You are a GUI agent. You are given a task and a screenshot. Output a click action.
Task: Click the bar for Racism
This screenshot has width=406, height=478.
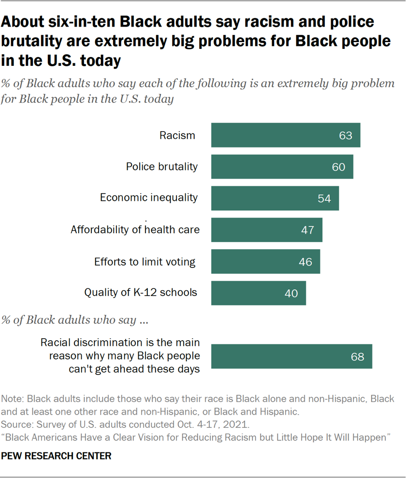pyautogui.click(x=285, y=135)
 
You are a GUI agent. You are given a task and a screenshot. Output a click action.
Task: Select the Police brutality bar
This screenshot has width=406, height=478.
pyautogui.click(x=282, y=166)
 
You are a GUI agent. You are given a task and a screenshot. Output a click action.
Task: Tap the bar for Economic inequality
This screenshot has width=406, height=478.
pyautogui.click(x=275, y=198)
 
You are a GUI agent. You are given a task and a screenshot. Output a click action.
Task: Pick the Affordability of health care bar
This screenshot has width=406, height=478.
pyautogui.click(x=266, y=229)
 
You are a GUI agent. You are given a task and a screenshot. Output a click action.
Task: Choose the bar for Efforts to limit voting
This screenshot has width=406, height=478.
pyautogui.click(x=265, y=261)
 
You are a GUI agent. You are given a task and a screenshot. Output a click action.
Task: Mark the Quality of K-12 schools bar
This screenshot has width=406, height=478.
pyautogui.click(x=258, y=293)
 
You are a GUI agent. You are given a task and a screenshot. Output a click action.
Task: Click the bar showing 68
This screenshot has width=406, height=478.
pyautogui.click(x=291, y=357)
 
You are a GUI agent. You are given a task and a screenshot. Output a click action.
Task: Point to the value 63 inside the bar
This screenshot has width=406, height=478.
pyautogui.click(x=346, y=135)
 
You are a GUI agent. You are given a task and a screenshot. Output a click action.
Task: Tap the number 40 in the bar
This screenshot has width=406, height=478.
pyautogui.click(x=291, y=293)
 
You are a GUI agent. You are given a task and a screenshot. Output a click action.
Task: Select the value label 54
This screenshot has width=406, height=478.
pyautogui.click(x=324, y=198)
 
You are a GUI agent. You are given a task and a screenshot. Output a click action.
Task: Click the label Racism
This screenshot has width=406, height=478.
pyautogui.click(x=177, y=135)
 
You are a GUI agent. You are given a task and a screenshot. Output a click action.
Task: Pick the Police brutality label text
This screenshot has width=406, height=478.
pyautogui.click(x=161, y=166)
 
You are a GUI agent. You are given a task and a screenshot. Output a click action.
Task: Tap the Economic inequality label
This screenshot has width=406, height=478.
pyautogui.click(x=149, y=197)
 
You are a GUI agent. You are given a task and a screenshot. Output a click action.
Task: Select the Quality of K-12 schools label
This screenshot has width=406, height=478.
pyautogui.click(x=141, y=292)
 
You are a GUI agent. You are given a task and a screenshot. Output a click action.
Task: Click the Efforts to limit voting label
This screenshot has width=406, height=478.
pyautogui.click(x=144, y=262)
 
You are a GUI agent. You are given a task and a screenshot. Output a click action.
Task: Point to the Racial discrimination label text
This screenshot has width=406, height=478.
pyautogui.click(x=120, y=356)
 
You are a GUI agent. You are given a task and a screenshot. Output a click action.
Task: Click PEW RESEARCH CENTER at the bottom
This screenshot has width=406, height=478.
pyautogui.click(x=57, y=456)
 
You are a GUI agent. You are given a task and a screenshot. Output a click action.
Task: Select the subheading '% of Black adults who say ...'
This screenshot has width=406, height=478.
pyautogui.click(x=74, y=320)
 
